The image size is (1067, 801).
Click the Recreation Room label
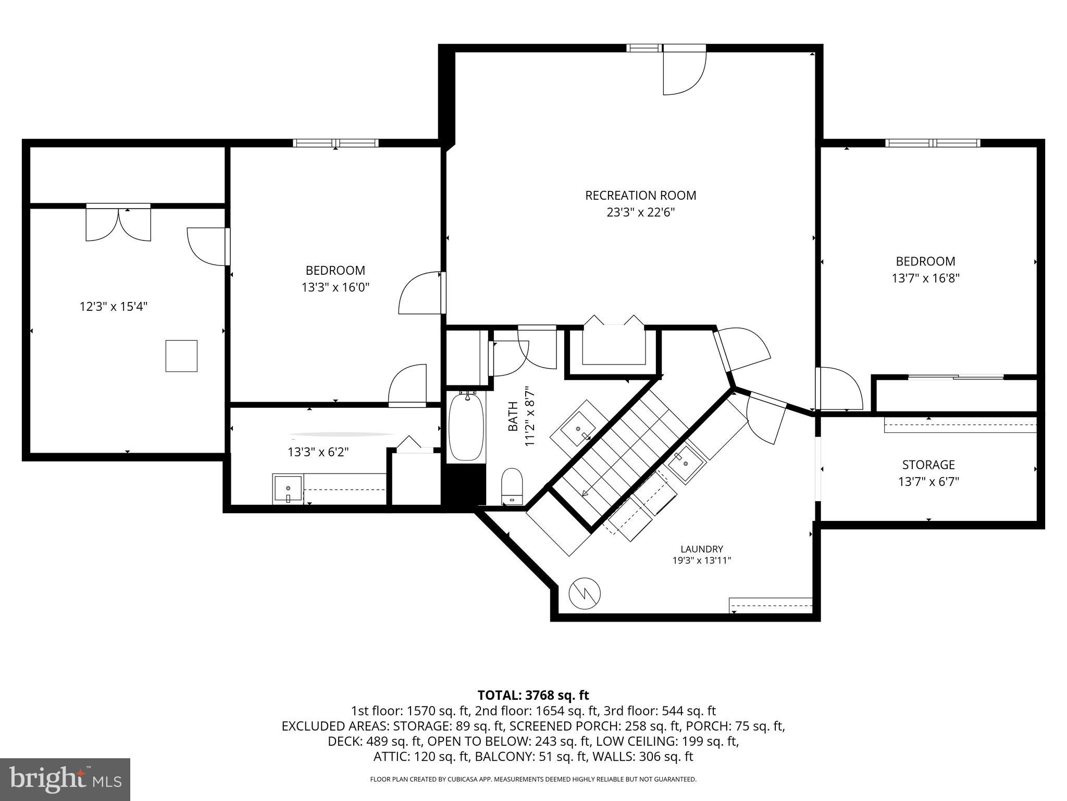click(640, 196)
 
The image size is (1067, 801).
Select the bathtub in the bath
click(467, 427)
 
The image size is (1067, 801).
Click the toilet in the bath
click(512, 486)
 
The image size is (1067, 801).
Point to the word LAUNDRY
click(702, 549)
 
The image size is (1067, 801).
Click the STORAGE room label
click(928, 465)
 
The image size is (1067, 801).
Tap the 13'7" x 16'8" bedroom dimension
click(925, 278)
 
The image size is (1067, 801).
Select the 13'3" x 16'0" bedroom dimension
click(335, 287)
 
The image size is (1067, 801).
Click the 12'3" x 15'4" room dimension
click(114, 306)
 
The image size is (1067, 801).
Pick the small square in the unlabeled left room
click(181, 356)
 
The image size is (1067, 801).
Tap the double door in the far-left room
click(118, 223)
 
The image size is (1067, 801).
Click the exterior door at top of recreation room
click(684, 69)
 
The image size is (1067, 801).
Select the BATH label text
click(513, 417)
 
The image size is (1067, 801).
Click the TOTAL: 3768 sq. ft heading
click(533, 695)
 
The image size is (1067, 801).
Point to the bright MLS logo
click(65, 779)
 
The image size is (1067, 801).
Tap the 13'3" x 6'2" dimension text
click(318, 452)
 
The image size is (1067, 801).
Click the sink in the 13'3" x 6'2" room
click(288, 489)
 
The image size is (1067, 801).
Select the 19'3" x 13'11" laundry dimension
click(702, 561)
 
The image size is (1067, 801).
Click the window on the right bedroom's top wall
click(933, 143)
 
